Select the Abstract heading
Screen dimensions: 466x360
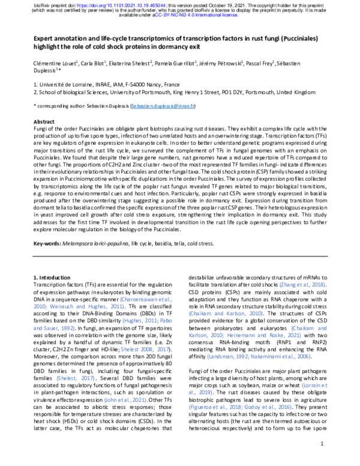pos(43,121)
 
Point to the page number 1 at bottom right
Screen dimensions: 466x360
pos(322,444)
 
